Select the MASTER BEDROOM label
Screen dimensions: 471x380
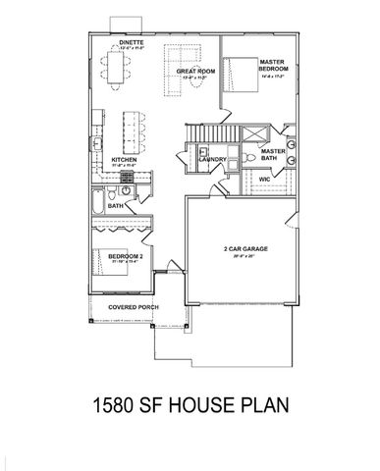[x=272, y=65]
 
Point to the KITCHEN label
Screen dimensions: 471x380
[x=123, y=159]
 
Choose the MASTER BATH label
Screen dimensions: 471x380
[x=272, y=155]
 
